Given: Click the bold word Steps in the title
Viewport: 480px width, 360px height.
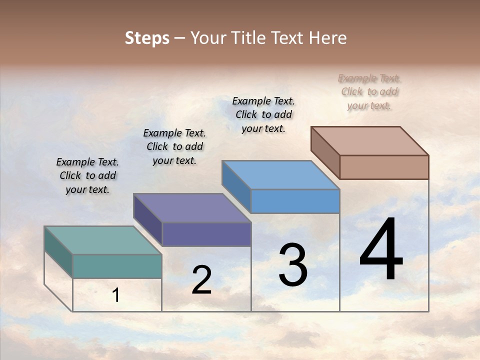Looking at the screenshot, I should (147, 38).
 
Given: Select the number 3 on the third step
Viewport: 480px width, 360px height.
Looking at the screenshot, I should (292, 265).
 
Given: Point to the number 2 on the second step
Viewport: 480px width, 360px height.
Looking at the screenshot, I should (201, 280).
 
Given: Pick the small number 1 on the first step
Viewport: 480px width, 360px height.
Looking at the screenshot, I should (116, 295).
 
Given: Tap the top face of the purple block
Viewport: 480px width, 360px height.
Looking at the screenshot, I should (192, 208).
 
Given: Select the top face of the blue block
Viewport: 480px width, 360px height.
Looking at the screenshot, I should (280, 175).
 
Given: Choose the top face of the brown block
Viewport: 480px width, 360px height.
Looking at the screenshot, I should (369, 141).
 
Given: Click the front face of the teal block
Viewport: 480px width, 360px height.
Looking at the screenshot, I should (117, 266).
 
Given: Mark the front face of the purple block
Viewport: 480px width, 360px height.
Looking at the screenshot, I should (206, 234).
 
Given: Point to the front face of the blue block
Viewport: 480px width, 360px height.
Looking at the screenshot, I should (295, 201).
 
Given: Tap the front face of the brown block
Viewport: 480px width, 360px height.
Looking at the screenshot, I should (384, 167).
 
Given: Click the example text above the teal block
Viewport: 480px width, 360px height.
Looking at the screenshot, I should (87, 175).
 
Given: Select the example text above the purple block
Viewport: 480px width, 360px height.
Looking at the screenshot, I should (174, 146).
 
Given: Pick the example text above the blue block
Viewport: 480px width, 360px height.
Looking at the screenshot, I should (263, 114).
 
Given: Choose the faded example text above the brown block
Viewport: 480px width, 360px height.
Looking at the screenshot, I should (369, 91).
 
